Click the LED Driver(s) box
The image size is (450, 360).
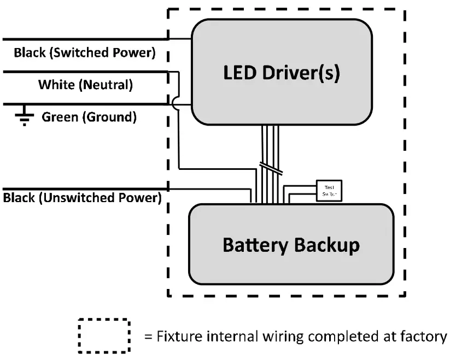point(281,72)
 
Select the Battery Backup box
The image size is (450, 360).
point(291,244)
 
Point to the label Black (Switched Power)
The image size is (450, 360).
point(85,53)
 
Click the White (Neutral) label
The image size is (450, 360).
point(85,85)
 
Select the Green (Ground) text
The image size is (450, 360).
point(89,116)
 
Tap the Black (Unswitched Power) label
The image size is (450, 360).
point(82,197)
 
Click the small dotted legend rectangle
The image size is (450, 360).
point(104,335)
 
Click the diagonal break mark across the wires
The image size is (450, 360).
point(271,168)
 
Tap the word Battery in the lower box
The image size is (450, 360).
point(255,244)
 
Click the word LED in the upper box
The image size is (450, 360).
point(239,72)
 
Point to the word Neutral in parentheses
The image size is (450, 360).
point(110,85)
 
